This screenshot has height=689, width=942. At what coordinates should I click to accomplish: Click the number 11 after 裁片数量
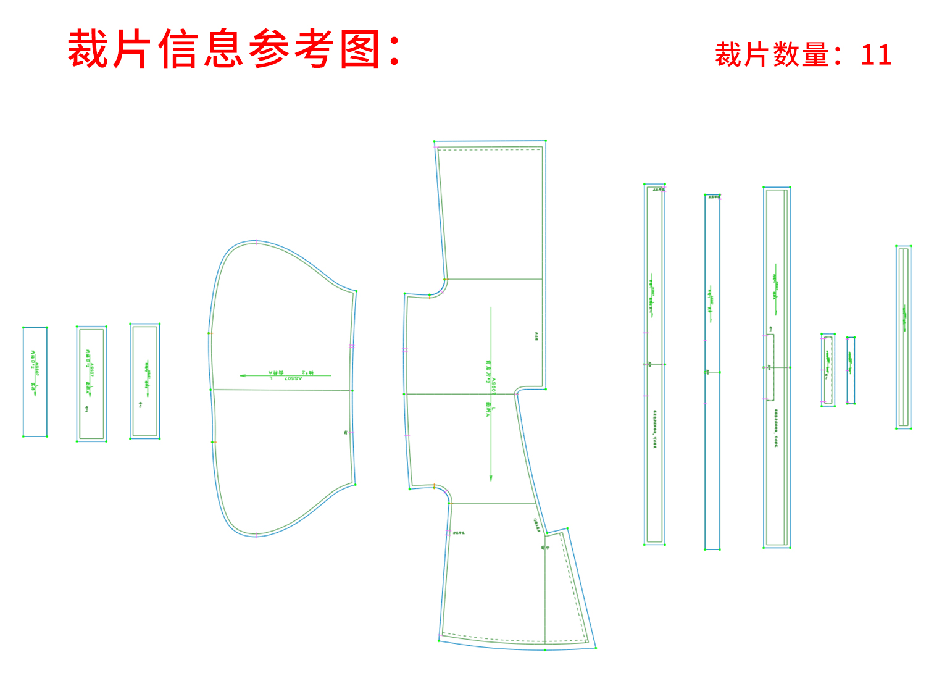click(x=876, y=55)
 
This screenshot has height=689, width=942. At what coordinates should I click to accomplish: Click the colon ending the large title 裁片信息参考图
click(x=395, y=49)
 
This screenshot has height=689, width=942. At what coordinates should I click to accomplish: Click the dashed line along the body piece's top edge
click(x=488, y=149)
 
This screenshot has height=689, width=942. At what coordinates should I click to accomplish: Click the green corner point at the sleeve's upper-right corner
click(x=356, y=291)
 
